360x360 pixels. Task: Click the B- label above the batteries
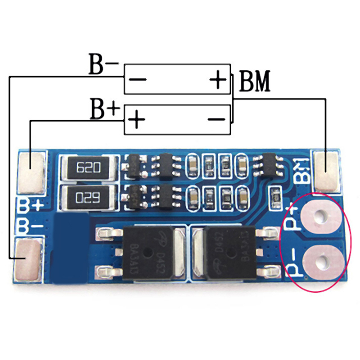[103, 66]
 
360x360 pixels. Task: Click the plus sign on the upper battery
[218, 80]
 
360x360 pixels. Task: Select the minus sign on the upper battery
[138, 80]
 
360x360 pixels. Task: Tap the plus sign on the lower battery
[138, 120]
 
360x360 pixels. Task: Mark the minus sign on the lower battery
[217, 119]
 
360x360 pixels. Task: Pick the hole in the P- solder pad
[322, 261]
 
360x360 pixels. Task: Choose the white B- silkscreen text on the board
[30, 224]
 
